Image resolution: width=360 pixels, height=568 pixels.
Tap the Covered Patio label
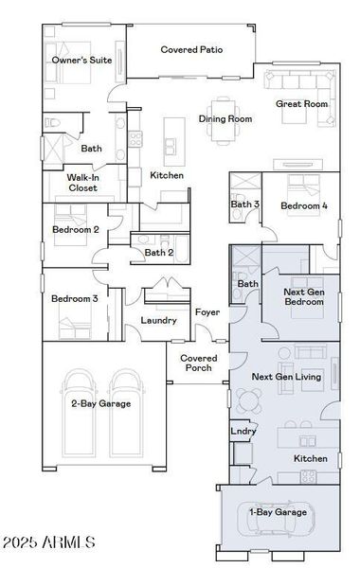tap(191, 49)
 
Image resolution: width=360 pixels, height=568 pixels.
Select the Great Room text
tap(301, 104)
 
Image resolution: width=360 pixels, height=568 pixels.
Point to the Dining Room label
tap(225, 119)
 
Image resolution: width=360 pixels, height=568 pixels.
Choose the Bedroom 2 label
tap(76, 229)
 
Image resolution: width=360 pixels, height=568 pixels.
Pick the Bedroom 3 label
tap(75, 299)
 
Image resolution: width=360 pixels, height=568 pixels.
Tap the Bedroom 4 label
tap(304, 205)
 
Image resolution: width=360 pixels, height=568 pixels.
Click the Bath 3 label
tap(245, 204)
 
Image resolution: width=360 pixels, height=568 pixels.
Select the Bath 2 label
tap(159, 253)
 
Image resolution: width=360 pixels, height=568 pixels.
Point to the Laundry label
tap(158, 320)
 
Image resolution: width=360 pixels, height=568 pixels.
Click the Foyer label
tap(207, 312)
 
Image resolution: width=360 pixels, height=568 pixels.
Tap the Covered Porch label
tap(199, 363)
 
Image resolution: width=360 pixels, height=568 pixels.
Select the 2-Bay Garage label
tap(100, 404)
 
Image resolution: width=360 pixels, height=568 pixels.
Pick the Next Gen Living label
tap(286, 377)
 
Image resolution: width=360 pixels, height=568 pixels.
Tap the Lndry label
tap(243, 431)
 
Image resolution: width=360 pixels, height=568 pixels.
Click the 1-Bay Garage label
tap(278, 512)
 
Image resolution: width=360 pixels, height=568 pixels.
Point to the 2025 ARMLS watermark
tap(49, 542)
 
